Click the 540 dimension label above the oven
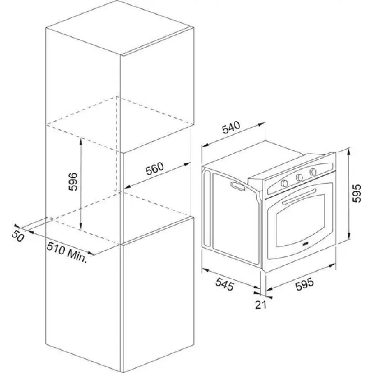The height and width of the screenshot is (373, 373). point(231,127)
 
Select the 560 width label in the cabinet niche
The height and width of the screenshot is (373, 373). point(155,168)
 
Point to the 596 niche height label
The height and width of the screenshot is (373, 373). point(73,182)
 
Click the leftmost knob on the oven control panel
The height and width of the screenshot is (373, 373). point(284,182)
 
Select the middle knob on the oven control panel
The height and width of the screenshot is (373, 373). point(299,177)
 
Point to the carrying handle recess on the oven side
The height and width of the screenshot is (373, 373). point(237,186)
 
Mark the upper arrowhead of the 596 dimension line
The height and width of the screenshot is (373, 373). point(81,141)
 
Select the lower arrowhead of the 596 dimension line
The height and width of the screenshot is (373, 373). point(81,226)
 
